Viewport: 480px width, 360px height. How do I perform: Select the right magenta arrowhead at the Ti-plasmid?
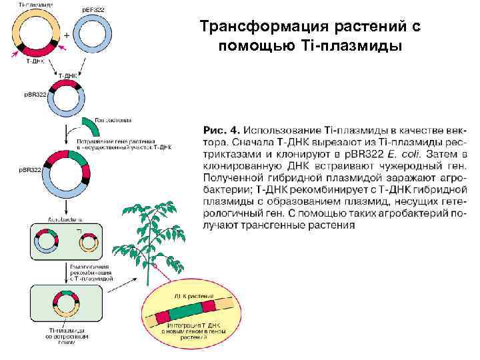click(x=61, y=48)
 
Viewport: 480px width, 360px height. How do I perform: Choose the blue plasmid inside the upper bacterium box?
click(x=47, y=241)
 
